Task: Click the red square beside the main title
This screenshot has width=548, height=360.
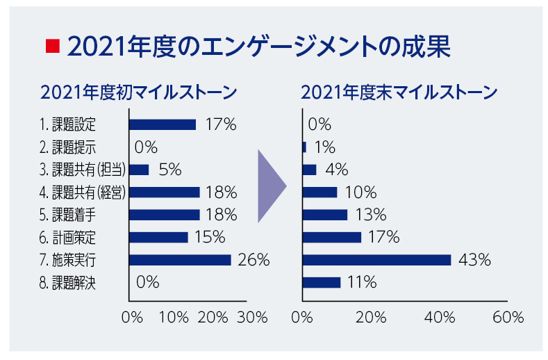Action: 50,47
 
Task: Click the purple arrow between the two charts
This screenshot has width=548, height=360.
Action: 270,186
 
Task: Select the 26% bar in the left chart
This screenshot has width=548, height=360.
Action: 181,260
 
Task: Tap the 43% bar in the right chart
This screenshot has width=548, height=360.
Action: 377,260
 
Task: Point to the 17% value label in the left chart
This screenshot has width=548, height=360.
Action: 221,125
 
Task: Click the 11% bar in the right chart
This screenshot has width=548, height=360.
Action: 322,282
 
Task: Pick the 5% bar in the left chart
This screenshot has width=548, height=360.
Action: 140,170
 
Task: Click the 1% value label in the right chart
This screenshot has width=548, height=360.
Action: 324,147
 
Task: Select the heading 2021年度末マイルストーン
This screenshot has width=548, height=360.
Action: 400,93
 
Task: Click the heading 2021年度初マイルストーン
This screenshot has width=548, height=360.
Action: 140,93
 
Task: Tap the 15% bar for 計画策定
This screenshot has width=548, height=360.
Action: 159,237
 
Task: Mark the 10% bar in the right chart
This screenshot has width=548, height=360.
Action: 320,192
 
